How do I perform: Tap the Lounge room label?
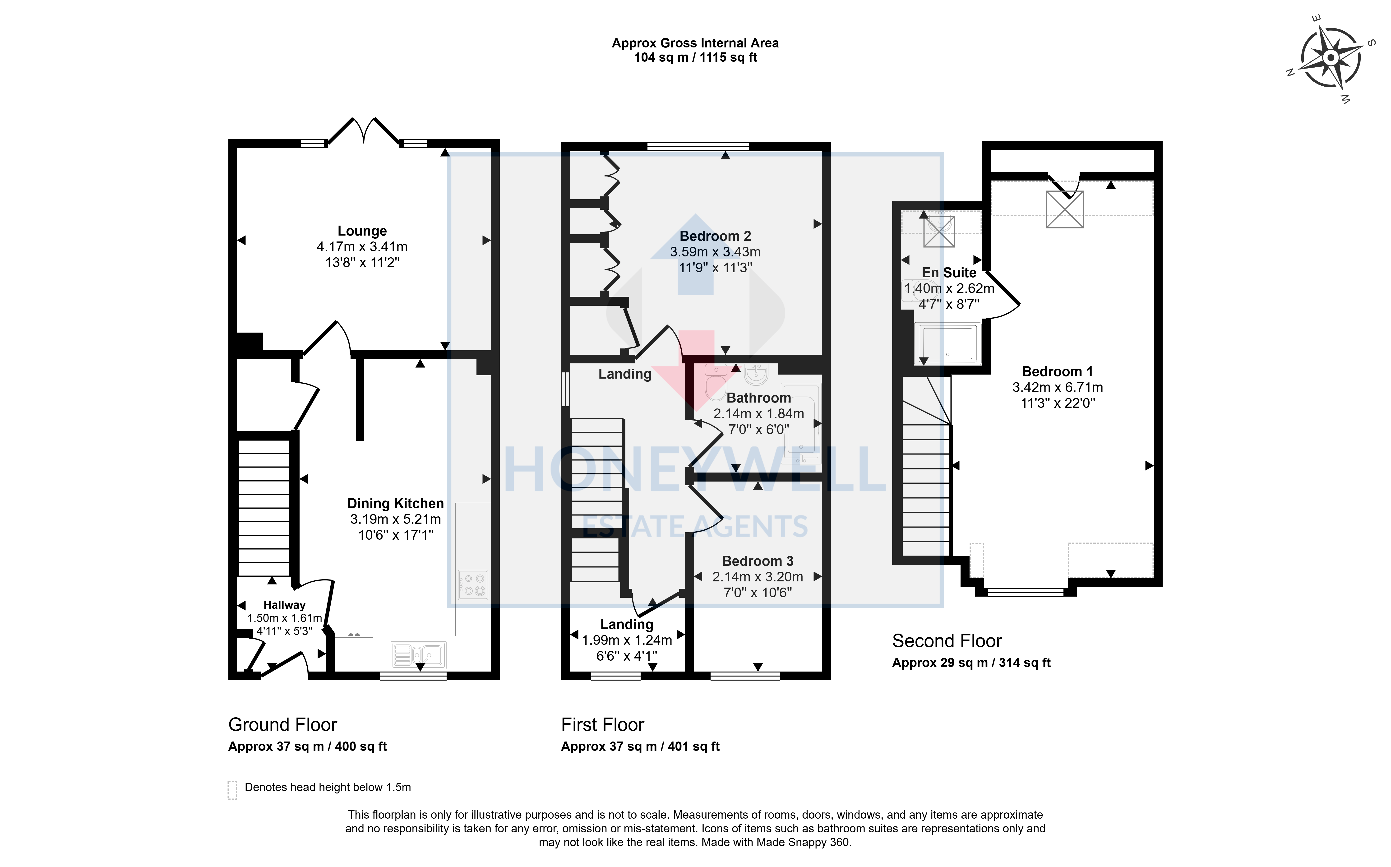click(x=362, y=231)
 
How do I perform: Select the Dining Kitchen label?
click(x=395, y=503)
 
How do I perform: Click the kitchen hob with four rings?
click(x=473, y=585)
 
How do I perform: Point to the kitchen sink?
click(x=418, y=655)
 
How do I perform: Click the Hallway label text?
click(x=284, y=605)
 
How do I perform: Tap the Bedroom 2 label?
click(x=715, y=236)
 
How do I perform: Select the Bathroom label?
click(x=759, y=398)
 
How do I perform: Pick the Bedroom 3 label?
click(x=758, y=561)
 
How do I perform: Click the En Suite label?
click(x=949, y=273)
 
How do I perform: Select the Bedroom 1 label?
click(x=1058, y=371)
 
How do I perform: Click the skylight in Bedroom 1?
click(x=1065, y=209)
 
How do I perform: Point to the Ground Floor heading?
click(x=282, y=725)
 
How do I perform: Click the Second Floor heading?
click(x=947, y=641)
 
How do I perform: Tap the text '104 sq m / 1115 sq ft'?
click(x=695, y=57)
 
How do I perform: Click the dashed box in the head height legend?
click(x=232, y=790)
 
